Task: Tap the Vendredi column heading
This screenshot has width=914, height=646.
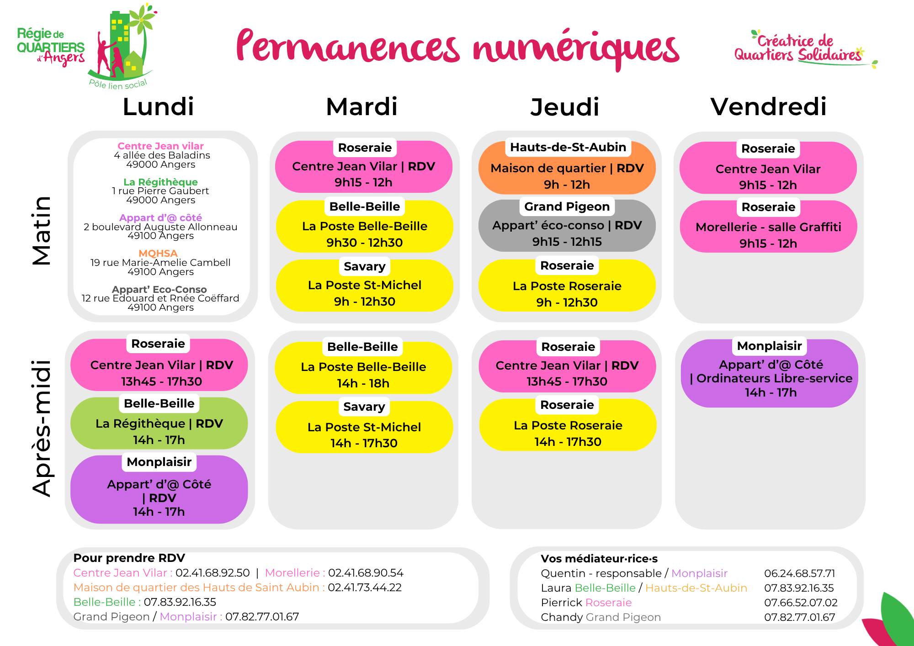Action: pos(768,107)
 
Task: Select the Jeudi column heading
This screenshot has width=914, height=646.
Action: pos(564,107)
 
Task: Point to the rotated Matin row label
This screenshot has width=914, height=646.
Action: pos(42,231)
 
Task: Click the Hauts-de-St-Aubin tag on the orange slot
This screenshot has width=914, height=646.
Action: pos(568,147)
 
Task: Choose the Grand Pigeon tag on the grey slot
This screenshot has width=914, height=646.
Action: pos(567,207)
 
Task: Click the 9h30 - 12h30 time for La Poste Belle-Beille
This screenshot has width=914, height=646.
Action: pos(364,243)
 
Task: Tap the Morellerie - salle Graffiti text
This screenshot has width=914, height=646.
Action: pos(768,227)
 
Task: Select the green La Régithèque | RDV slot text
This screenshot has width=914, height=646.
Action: pos(159,424)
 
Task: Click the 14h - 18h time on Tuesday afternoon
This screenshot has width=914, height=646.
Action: pos(363,383)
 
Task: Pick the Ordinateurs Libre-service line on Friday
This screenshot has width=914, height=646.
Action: pos(771,378)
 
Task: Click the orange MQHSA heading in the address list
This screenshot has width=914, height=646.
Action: pos(158,253)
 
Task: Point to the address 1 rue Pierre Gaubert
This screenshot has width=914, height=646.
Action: pos(160,191)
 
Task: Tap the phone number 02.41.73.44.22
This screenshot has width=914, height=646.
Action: pos(365,588)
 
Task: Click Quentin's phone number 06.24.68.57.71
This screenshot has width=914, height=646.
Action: pos(799,573)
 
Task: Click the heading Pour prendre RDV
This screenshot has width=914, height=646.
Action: pos(129,558)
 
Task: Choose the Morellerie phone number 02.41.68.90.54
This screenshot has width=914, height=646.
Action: pos(366,573)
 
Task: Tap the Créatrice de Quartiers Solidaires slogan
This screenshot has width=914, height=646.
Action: pos(797,48)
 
